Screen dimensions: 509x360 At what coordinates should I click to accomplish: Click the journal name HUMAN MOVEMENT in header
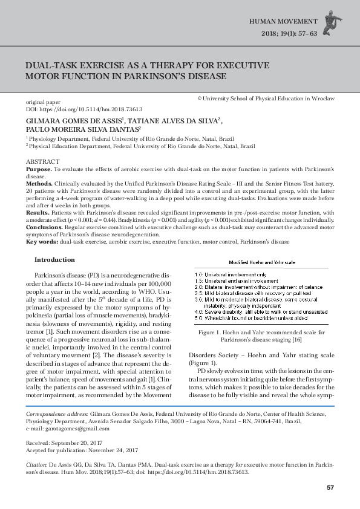(x=284, y=21)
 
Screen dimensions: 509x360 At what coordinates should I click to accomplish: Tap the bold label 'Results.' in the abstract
(x=38, y=213)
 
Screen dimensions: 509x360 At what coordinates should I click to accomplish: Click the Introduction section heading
(x=54, y=260)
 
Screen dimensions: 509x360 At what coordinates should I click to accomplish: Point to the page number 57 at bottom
(x=330, y=487)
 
